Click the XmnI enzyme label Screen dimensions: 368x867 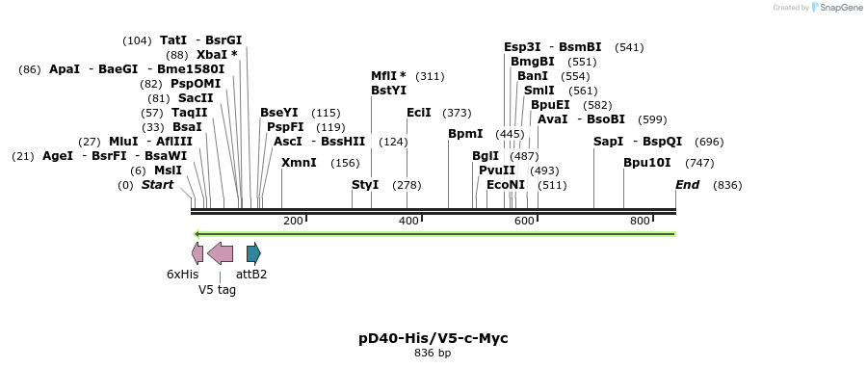click(299, 163)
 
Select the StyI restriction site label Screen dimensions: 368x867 click(365, 184)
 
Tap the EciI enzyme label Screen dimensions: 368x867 click(419, 113)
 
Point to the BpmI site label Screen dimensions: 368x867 click(465, 134)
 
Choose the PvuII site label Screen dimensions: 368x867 click(497, 170)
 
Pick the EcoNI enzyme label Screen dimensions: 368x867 click(506, 184)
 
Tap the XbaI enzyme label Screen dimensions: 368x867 click(212, 55)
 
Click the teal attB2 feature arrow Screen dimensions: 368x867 click(253, 253)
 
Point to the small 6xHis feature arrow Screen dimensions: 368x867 click(197, 253)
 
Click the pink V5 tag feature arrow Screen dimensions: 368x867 click(220, 253)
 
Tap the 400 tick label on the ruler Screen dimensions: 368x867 click(408, 222)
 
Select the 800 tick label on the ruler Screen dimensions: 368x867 click(640, 222)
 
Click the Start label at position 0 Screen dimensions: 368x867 click(158, 184)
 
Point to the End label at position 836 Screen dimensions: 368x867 click(687, 184)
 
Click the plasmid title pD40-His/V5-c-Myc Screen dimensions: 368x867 click(433, 338)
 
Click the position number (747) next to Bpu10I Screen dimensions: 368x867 click(699, 163)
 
